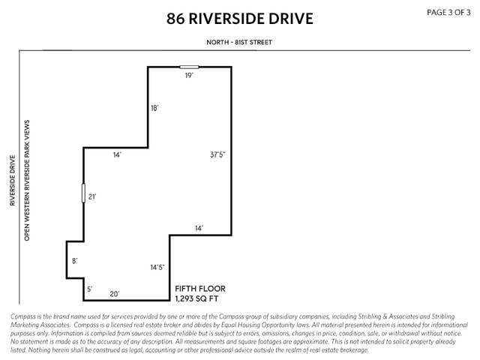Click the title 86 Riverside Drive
[x=239, y=19]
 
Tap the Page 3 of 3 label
[x=449, y=12]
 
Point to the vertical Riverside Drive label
[x=13, y=180]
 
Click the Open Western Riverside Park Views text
[x=27, y=179]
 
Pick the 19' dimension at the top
[x=190, y=76]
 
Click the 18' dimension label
[x=154, y=108]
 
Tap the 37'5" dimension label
[x=217, y=155]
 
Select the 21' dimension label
[x=92, y=196]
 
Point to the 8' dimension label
[x=74, y=261]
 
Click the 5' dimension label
[x=89, y=289]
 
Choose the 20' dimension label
[x=115, y=294]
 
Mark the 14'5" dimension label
[x=157, y=267]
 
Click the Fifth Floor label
[x=199, y=289]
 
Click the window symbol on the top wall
[x=189, y=67]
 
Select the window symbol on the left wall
[x=83, y=193]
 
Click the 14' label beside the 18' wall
[x=117, y=154]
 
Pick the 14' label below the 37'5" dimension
[x=199, y=227]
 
